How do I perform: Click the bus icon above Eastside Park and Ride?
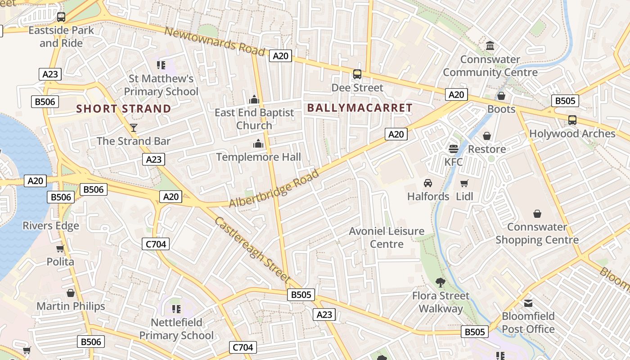[61, 17]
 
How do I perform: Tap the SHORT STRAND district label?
[124, 108]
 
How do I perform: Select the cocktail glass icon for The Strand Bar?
[134, 128]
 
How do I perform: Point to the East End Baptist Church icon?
[254, 99]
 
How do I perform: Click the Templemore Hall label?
[258, 157]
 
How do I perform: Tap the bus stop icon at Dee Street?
[357, 74]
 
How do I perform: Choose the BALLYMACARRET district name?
[360, 108]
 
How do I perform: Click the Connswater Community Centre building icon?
[490, 46]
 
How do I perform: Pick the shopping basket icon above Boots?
[501, 96]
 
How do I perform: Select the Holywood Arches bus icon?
[572, 120]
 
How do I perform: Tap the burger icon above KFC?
[454, 148]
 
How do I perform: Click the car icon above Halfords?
[427, 183]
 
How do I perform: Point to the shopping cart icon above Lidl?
[464, 183]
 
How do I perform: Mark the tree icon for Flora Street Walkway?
[441, 283]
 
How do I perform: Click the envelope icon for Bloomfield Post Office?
[528, 303]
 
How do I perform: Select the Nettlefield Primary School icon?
[176, 309]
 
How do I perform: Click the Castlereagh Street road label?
[252, 250]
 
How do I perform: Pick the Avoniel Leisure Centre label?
[387, 238]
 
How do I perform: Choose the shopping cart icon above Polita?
[60, 248]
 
